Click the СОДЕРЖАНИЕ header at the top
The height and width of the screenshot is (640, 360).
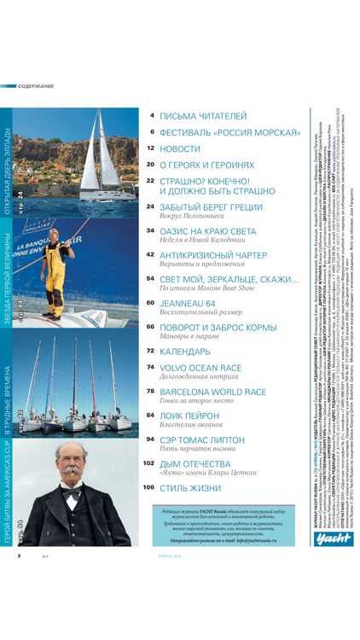36,86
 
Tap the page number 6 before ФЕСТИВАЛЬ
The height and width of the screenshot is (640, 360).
151,132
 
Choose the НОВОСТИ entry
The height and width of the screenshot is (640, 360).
179,148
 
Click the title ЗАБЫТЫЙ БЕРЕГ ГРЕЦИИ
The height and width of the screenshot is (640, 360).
214,207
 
